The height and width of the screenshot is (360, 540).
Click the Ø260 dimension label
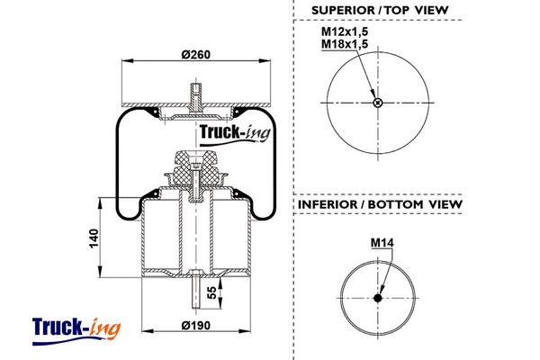(x=195, y=54)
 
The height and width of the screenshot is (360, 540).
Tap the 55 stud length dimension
(x=211, y=292)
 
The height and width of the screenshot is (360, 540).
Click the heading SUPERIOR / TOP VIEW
(x=380, y=10)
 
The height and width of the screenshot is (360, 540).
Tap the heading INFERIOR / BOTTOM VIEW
(x=379, y=204)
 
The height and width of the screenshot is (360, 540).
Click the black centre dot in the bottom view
(x=377, y=300)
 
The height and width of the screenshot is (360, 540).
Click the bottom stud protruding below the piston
(x=195, y=292)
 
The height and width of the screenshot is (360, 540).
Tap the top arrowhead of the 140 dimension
(x=100, y=199)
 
